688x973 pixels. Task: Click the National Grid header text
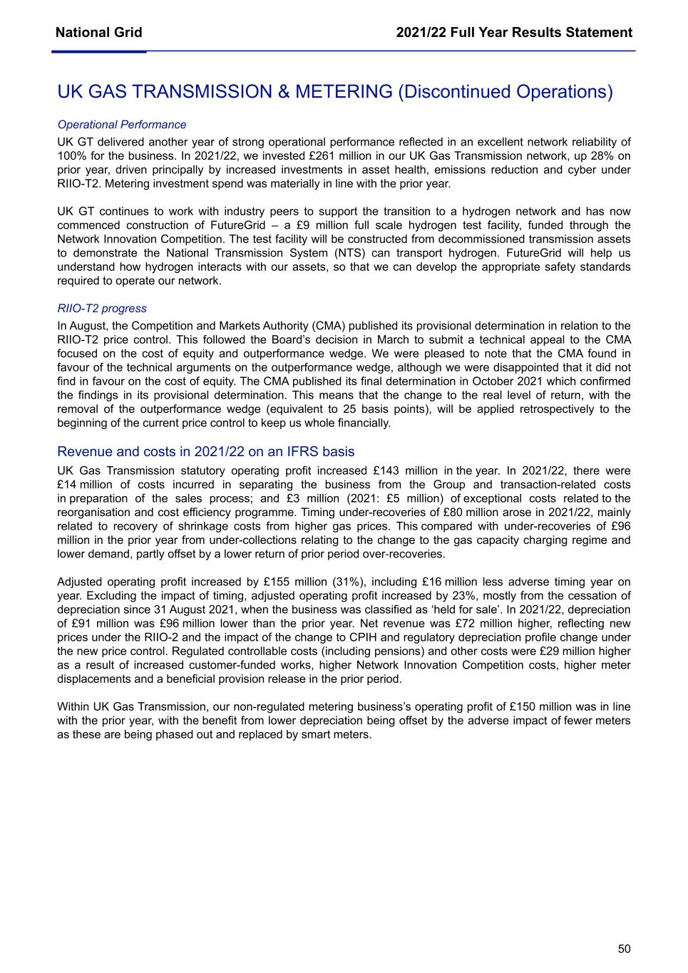pyautogui.click(x=98, y=32)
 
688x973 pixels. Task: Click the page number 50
pyautogui.click(x=624, y=948)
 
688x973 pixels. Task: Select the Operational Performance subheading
pyautogui.click(x=121, y=125)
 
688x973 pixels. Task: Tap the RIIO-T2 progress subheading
pyautogui.click(x=102, y=309)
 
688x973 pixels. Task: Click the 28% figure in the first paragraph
pyautogui.click(x=600, y=155)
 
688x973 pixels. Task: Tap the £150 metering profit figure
pyautogui.click(x=524, y=707)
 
